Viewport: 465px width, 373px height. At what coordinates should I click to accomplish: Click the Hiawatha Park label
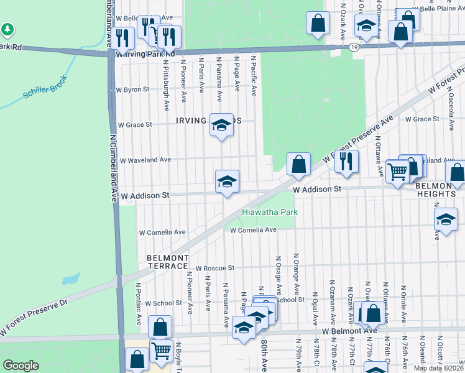pyautogui.click(x=270, y=212)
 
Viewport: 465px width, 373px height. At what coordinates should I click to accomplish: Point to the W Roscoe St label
pyautogui.click(x=214, y=268)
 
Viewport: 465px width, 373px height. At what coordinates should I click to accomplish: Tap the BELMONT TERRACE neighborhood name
pyautogui.click(x=167, y=262)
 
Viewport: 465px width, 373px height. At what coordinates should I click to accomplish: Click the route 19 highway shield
pyautogui.click(x=353, y=47)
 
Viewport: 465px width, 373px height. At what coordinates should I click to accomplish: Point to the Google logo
pyautogui.click(x=21, y=366)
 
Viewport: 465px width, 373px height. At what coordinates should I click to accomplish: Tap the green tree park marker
pyautogui.click(x=7, y=29)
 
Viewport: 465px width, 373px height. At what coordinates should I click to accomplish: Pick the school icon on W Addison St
pyautogui.click(x=227, y=182)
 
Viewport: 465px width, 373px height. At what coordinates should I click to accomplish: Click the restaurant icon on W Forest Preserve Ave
pyautogui.click(x=346, y=162)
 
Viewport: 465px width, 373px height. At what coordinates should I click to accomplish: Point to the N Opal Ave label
pyautogui.click(x=315, y=308)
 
